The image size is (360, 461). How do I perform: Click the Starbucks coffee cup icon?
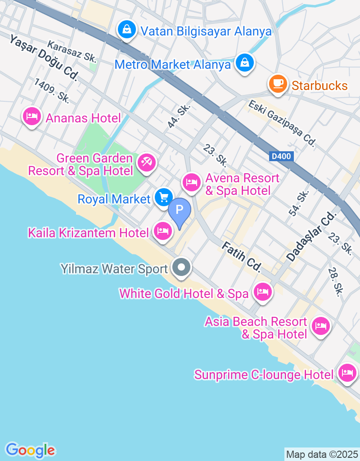tap(278, 83)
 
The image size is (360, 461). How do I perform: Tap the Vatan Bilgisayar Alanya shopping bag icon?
tap(127, 30)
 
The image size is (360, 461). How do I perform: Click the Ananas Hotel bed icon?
tap(31, 117)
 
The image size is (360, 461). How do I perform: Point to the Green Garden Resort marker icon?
tap(146, 162)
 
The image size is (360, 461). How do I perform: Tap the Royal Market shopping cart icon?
tap(164, 197)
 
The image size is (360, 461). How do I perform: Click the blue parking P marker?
tap(180, 210)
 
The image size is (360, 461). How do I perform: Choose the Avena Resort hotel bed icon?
tap(192, 182)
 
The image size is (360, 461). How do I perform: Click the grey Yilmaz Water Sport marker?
tap(182, 268)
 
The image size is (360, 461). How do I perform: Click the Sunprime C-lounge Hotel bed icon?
tap(347, 373)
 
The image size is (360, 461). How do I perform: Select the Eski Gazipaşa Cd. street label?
tap(282, 123)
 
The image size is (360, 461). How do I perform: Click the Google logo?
tap(30, 450)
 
